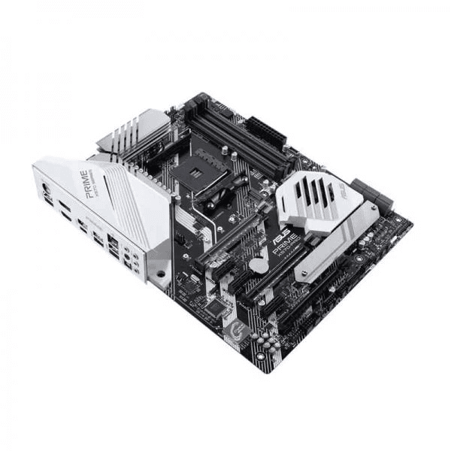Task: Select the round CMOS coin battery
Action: (x=258, y=265)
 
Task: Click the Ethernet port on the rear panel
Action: (x=113, y=242)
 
